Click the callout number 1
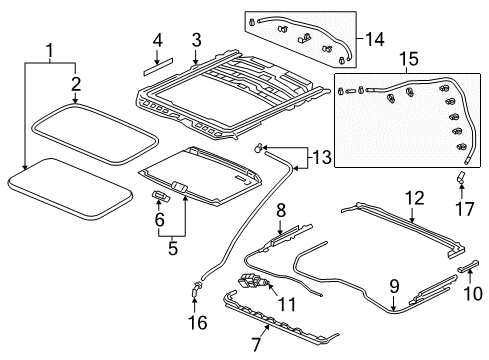coord(49,51)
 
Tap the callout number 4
coord(158,40)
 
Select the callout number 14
coord(375,39)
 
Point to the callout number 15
coord(409,59)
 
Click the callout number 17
coord(464,209)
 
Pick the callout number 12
coord(415,198)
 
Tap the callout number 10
coord(473,293)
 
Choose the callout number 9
coord(394,286)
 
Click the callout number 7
coord(256,345)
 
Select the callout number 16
coord(198,323)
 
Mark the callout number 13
coord(322,157)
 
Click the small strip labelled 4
coord(159,66)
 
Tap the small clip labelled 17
coord(460,177)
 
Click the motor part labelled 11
coord(252,283)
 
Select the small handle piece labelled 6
coord(161,195)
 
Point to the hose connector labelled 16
coord(196,289)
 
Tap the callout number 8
coord(281,211)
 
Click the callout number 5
coord(172,248)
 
